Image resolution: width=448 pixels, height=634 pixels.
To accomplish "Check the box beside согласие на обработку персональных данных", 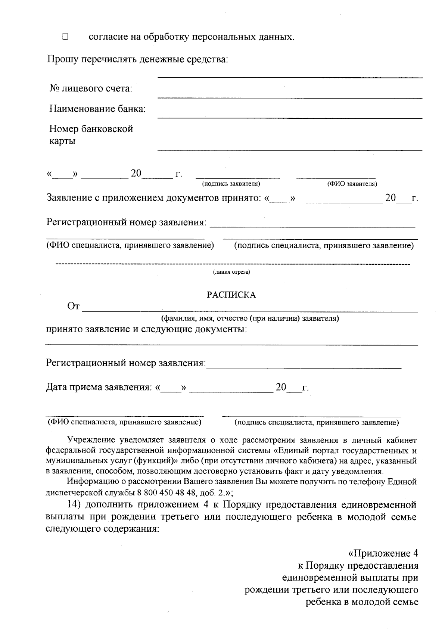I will click(x=65, y=37).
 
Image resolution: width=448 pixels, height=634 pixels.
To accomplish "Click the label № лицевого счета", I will click(x=91, y=89).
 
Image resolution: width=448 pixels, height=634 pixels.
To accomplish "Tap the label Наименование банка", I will click(x=97, y=109).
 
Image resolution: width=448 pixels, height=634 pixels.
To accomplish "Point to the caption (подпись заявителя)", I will click(x=231, y=184).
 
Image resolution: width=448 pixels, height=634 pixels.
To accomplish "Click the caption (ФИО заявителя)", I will click(x=352, y=184).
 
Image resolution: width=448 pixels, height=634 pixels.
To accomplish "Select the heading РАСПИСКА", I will click(x=231, y=295).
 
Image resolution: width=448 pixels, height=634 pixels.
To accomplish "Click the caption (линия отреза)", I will click(x=231, y=272).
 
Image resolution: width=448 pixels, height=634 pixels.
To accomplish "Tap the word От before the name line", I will click(x=73, y=307).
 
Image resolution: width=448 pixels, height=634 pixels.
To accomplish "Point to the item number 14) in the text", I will click(x=74, y=505).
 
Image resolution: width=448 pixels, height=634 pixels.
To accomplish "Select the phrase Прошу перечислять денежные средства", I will click(x=137, y=59).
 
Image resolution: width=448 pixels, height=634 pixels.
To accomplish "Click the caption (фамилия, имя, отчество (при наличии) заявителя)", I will click(x=250, y=319).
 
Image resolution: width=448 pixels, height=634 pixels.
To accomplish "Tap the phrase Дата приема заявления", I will click(x=98, y=387).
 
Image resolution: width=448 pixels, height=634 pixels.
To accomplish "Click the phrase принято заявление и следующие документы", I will click(x=146, y=330).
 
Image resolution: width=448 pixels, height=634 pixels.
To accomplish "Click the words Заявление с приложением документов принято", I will click(x=153, y=198).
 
